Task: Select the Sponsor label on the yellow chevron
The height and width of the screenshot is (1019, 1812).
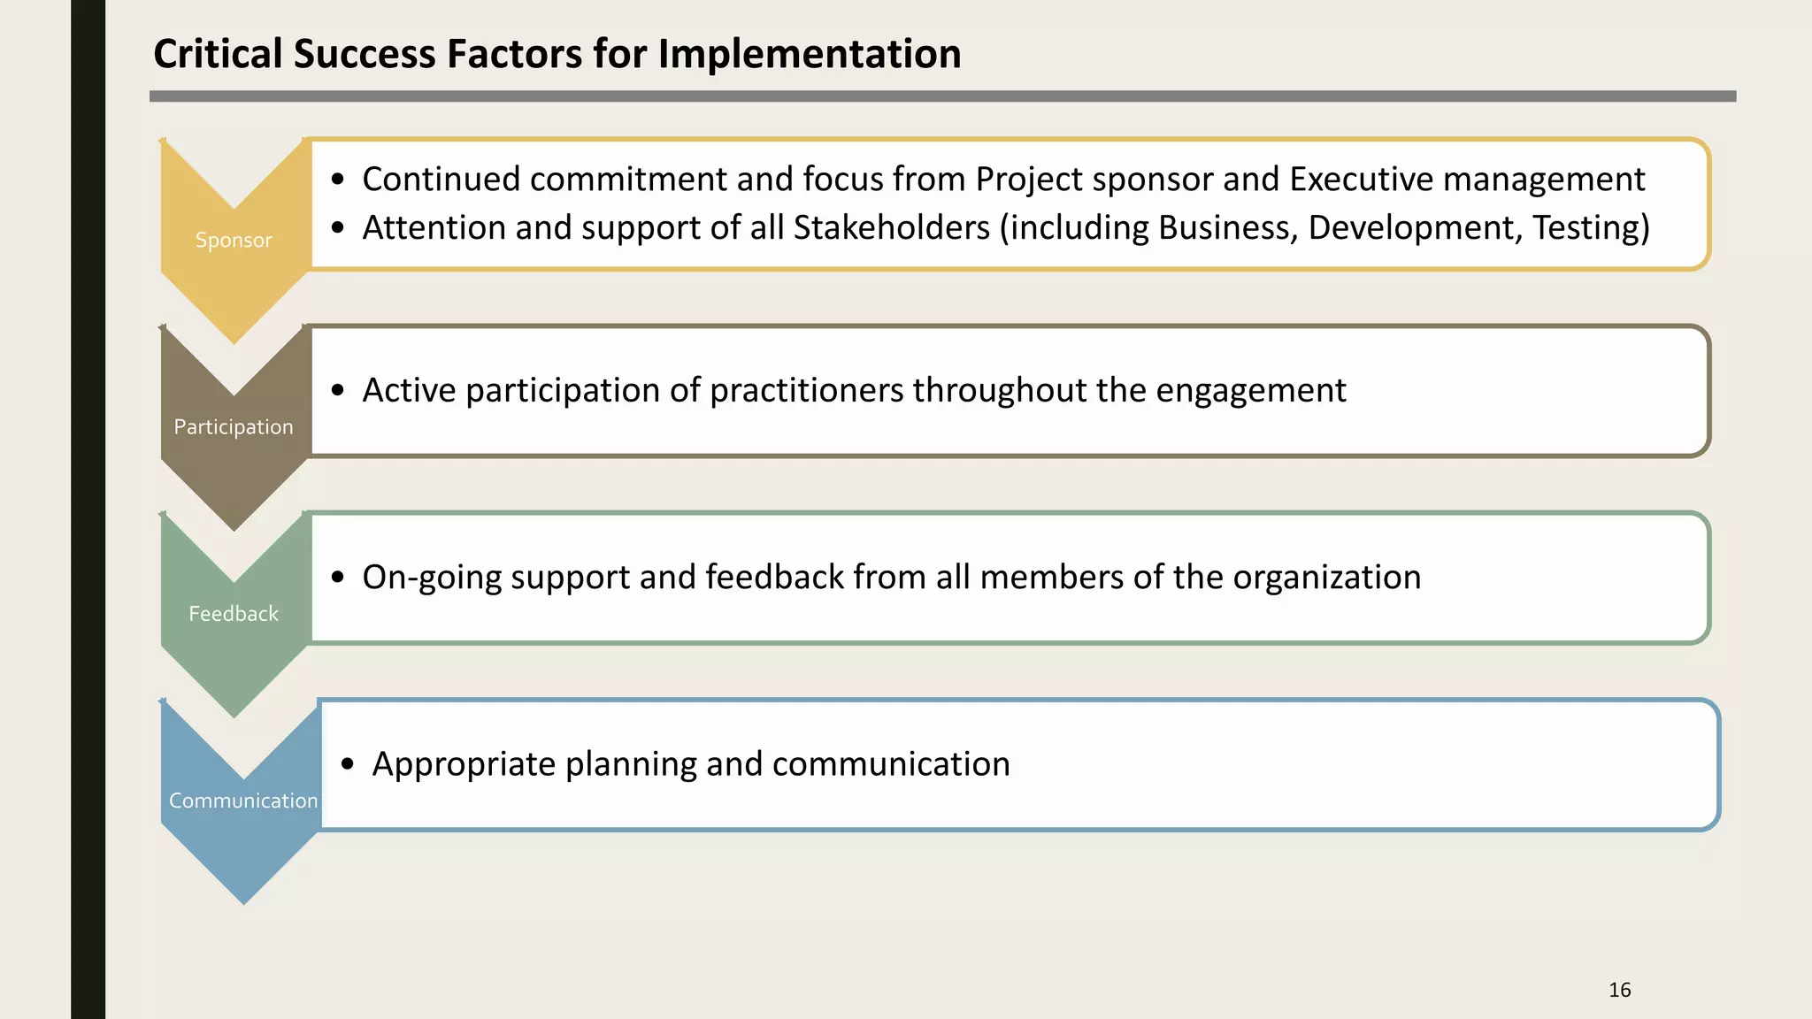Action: (x=234, y=240)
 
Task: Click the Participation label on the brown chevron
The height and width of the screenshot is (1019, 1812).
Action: (x=234, y=426)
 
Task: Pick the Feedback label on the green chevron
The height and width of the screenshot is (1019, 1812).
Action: (x=234, y=613)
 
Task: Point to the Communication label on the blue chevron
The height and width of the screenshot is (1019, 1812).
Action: (x=243, y=800)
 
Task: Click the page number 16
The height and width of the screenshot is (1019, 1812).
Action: (x=1619, y=990)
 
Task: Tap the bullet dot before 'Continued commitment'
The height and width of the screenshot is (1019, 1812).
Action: (x=337, y=180)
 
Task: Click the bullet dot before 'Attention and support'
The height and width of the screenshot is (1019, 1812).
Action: (x=337, y=228)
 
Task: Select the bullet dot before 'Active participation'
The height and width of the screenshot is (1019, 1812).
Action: (x=337, y=390)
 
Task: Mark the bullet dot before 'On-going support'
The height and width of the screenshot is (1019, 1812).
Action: (x=337, y=578)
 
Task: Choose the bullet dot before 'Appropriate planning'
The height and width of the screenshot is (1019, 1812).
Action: (x=347, y=764)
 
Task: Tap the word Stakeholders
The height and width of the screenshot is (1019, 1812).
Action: (x=891, y=228)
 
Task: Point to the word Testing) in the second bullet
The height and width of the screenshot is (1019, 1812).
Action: (x=1591, y=228)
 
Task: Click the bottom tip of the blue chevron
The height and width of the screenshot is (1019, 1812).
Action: (x=243, y=902)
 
